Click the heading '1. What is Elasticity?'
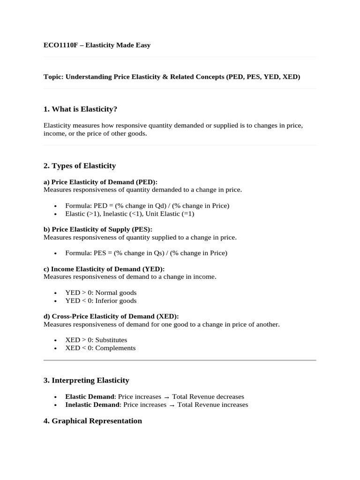click(x=80, y=109)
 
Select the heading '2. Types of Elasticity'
click(x=79, y=165)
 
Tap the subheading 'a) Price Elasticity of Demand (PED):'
click(x=100, y=182)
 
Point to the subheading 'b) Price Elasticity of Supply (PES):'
click(x=97, y=229)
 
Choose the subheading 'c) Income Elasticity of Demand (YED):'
click(x=104, y=269)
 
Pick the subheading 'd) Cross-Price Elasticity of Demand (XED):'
click(x=111, y=316)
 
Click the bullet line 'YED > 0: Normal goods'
click(x=101, y=292)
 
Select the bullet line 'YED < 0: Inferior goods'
click(x=101, y=300)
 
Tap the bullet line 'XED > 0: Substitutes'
click(x=96, y=340)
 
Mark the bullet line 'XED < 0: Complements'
click(x=100, y=348)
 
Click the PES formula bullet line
click(x=146, y=253)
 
